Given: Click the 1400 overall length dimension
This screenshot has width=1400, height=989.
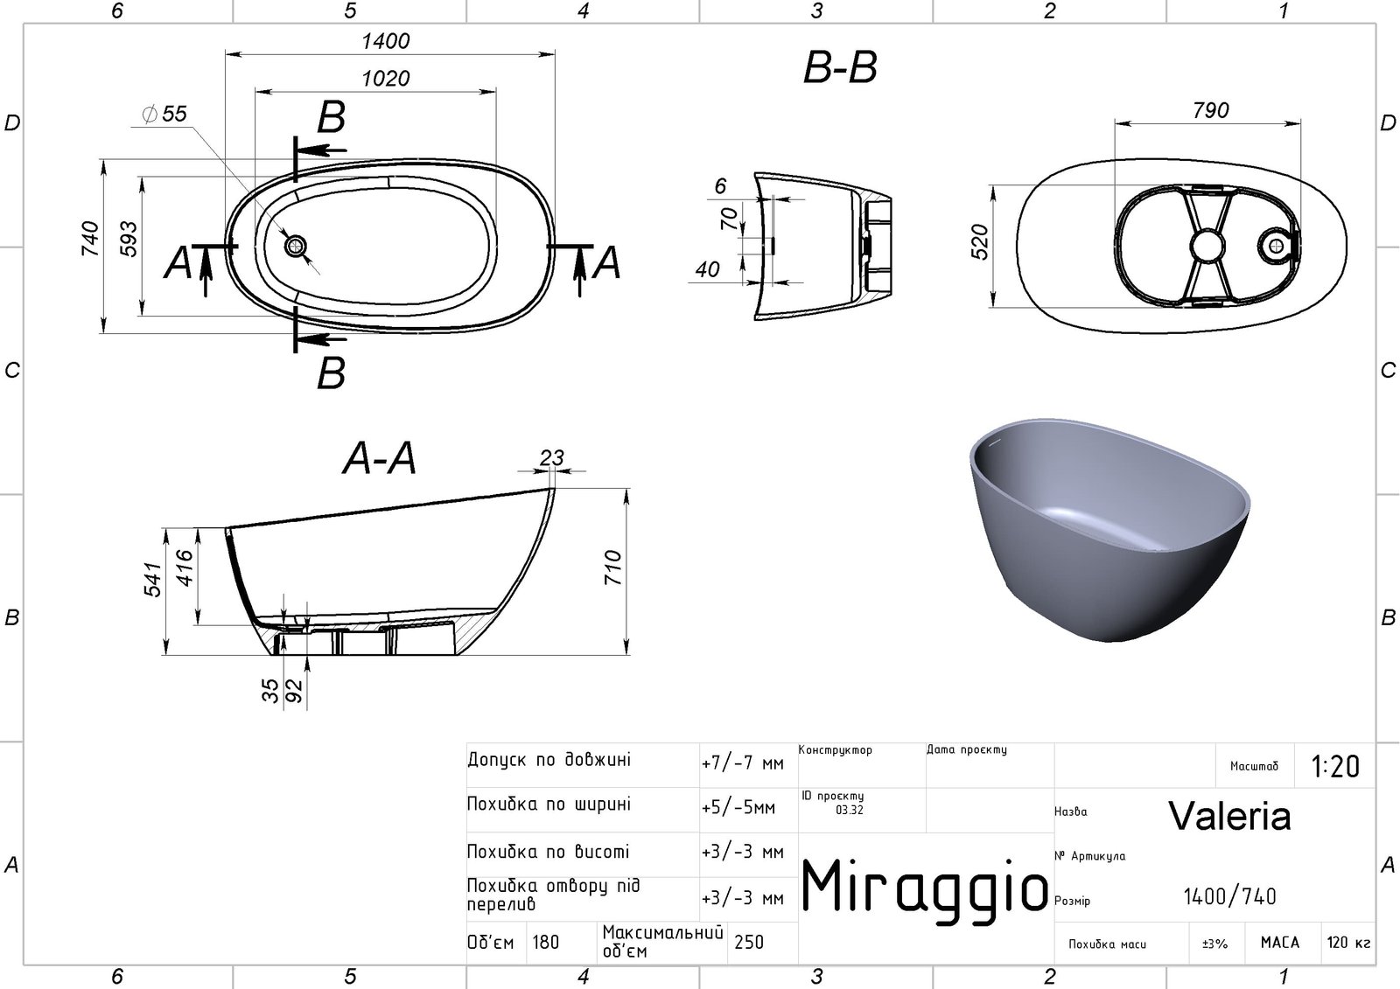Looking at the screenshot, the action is tap(386, 41).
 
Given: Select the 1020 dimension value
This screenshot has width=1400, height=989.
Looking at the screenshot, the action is tap(386, 79).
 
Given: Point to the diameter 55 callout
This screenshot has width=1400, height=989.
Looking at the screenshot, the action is tap(165, 114).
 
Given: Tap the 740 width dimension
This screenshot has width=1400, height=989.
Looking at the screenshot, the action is tap(90, 238).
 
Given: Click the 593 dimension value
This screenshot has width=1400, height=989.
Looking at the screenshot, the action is tap(128, 239).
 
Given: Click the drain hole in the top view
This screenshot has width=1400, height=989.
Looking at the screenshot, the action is tap(296, 246).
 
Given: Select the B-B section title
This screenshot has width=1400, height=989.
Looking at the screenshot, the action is tap(840, 67).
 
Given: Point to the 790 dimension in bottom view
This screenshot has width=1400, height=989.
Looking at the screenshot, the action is tap(1211, 110).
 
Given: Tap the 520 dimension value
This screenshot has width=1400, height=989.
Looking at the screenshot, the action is tap(981, 241).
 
